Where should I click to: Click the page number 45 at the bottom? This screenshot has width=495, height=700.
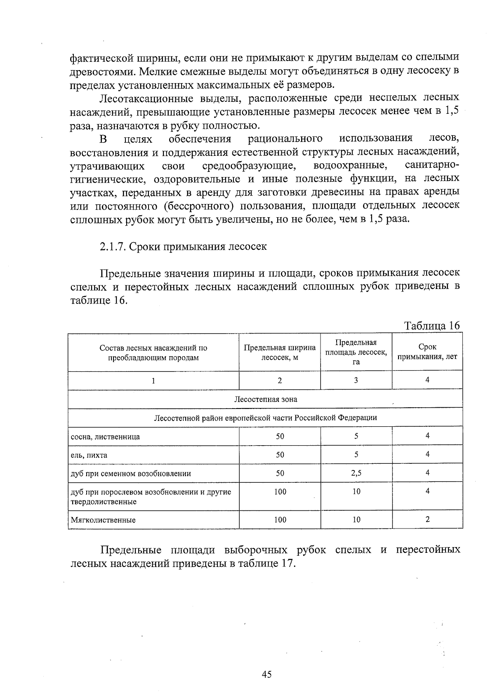266,674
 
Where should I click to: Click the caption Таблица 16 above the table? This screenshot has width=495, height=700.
432,326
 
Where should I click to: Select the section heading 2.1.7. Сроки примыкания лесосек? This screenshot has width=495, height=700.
183,247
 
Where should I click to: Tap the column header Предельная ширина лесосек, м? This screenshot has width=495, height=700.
280,352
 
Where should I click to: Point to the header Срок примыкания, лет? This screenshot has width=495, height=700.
427,352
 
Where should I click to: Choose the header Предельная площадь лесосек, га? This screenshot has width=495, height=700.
356,352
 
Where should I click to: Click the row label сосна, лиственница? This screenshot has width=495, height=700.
106,437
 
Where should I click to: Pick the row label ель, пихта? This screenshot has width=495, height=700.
89,455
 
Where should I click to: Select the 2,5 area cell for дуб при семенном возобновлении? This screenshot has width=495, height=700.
356,473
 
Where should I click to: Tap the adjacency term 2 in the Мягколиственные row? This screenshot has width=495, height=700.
427,519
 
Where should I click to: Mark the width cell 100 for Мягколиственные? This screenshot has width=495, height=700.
280,520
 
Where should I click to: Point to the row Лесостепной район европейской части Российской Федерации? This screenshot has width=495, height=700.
265,418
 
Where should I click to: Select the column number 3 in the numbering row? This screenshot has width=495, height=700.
356,381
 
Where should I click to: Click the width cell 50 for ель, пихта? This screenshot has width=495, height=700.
280,455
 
